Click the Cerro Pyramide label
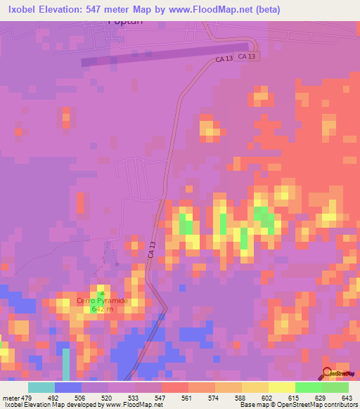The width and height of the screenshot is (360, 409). [102, 301]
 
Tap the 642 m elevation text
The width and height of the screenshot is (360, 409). [102, 309]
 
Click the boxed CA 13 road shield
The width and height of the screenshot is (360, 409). [245, 56]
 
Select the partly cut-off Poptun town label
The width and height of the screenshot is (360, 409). [124, 22]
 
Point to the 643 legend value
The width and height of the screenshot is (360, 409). [346, 397]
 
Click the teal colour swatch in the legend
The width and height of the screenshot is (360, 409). [41, 387]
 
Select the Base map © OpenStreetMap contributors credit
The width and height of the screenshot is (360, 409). [297, 405]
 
